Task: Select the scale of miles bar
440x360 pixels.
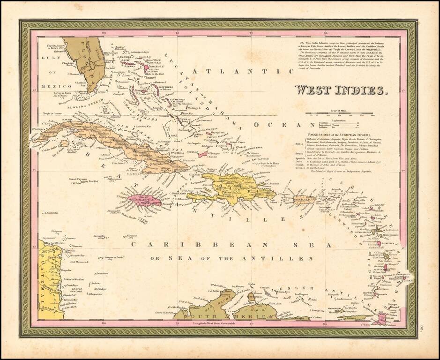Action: pos(340,113)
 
